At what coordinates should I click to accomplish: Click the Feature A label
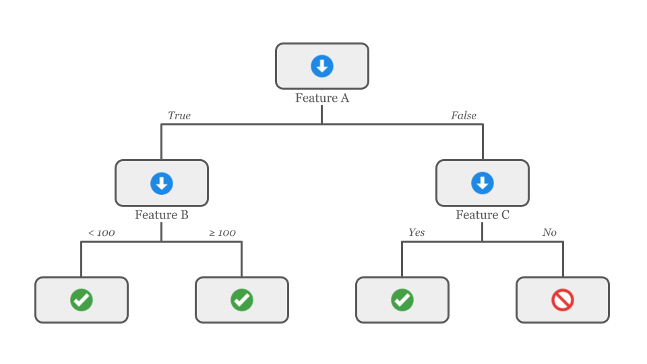coord(322,98)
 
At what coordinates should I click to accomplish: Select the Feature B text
coord(162,216)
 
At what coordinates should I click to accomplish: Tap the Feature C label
coord(483,216)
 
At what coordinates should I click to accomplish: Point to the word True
coord(179,116)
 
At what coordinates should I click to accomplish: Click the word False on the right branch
coord(464,116)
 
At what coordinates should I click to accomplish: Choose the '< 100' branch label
coord(101,233)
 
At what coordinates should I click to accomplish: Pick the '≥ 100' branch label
coord(222,233)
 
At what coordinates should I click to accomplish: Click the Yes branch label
coord(417,233)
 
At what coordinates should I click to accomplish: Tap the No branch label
coord(549,233)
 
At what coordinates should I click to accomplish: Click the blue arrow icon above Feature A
coord(322,66)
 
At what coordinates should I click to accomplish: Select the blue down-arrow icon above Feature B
coord(162,183)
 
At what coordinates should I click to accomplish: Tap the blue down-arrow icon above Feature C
coord(483,183)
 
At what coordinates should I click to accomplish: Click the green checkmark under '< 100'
coord(82,300)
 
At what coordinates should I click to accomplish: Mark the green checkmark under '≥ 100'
coord(242,300)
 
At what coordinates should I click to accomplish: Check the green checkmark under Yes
coord(402,300)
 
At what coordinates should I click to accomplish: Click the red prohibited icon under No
coord(563,300)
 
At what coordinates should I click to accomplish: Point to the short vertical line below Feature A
coord(322,115)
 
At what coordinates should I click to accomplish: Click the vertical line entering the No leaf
coord(563,260)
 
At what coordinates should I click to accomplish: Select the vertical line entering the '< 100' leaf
coord(82,260)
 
